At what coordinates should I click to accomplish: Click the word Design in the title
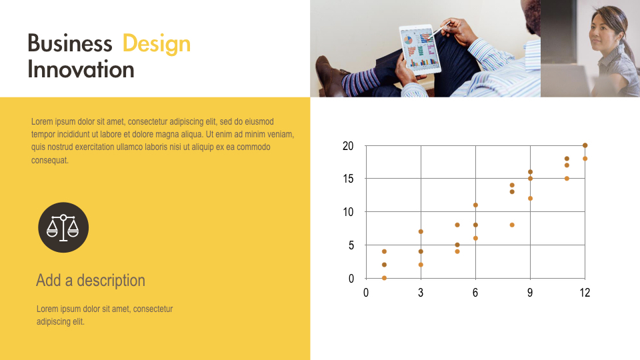[157, 44]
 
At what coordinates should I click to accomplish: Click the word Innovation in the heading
[81, 70]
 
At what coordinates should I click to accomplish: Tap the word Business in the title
[70, 44]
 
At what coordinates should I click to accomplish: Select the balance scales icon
[63, 227]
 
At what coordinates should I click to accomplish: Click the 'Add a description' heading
[90, 280]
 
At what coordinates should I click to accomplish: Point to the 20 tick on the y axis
[348, 146]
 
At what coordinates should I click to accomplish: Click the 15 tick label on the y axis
[348, 179]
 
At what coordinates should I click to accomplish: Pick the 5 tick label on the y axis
[351, 245]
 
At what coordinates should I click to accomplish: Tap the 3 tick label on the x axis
[421, 293]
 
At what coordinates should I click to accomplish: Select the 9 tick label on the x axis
[530, 293]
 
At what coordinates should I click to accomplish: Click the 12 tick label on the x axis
[584, 293]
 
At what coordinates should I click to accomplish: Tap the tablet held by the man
[421, 49]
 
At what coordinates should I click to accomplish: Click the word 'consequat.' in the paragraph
[50, 160]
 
